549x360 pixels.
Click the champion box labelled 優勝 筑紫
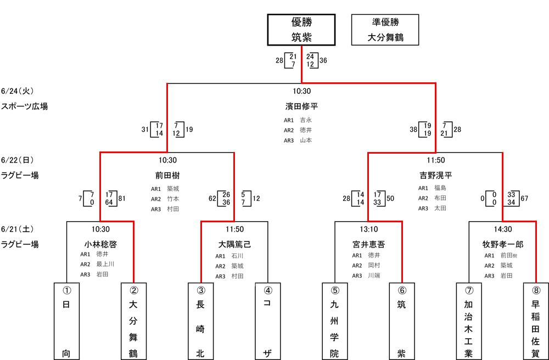[x=301, y=30]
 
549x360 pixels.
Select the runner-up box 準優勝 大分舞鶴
[x=385, y=30]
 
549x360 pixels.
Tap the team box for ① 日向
[x=66, y=321]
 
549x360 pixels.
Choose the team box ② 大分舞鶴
[x=133, y=321]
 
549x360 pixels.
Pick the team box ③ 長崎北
[x=200, y=321]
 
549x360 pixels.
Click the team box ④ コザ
[x=267, y=321]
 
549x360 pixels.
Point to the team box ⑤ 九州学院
[x=334, y=321]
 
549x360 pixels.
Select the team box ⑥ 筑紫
[x=401, y=321]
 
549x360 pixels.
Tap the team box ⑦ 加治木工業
[x=468, y=321]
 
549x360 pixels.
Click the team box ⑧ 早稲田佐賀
[x=535, y=321]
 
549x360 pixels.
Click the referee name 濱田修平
[x=301, y=106]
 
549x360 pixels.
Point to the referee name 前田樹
[x=167, y=176]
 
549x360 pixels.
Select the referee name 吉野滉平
[x=435, y=176]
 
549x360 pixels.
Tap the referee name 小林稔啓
[x=100, y=244]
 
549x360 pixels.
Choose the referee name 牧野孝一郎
[x=502, y=244]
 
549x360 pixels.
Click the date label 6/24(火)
[x=18, y=91]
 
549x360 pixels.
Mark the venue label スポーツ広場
[x=25, y=106]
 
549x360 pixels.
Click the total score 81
[x=122, y=198]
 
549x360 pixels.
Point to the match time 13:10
[x=368, y=229]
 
